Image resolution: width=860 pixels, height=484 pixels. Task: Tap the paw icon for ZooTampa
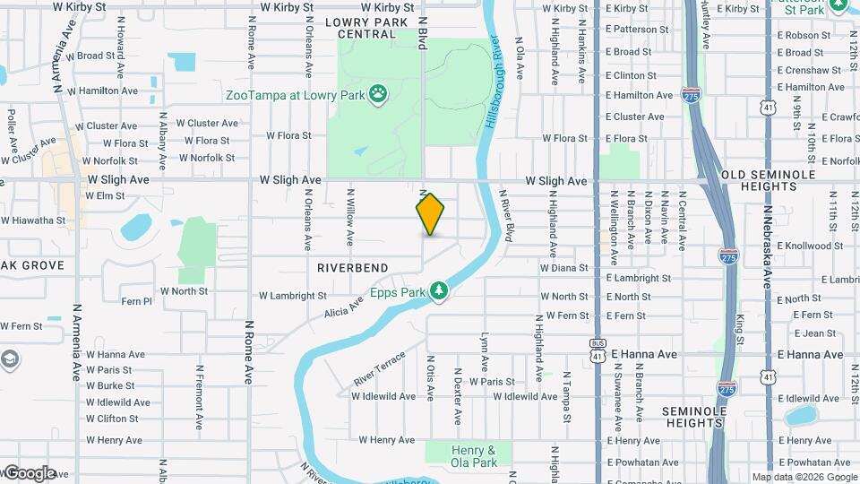tap(379, 92)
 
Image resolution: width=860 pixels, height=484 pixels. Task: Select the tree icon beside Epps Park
tap(438, 290)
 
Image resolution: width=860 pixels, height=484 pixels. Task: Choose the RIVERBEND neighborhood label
tap(352, 268)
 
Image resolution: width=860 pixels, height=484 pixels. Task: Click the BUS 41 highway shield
tap(598, 349)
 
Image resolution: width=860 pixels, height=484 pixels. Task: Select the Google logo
tap(30, 472)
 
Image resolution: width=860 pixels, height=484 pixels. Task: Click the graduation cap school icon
tap(10, 360)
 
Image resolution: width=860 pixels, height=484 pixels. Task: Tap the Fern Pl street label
tap(136, 302)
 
